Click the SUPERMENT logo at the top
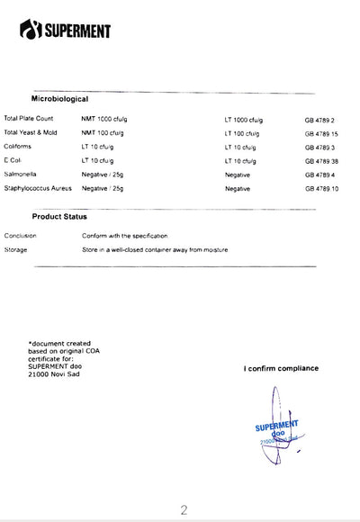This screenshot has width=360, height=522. [x=65, y=31]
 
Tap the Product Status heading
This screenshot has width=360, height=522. [x=59, y=217]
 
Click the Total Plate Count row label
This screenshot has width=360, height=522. [x=29, y=119]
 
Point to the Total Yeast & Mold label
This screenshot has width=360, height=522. [x=31, y=132]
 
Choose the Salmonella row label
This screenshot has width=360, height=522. [x=21, y=174]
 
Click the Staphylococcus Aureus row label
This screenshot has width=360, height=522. [x=38, y=188]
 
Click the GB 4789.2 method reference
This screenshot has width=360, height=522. [x=319, y=120]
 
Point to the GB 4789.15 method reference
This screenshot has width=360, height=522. [x=321, y=133]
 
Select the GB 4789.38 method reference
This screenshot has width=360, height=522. [x=321, y=160]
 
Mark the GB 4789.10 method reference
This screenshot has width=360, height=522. [x=321, y=188]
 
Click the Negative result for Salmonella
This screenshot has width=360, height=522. [x=238, y=174]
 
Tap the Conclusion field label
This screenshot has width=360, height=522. [x=20, y=235]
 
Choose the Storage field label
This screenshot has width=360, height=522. [x=16, y=249]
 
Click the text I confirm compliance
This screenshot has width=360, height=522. [x=281, y=368]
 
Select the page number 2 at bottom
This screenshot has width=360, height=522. [x=184, y=510]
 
